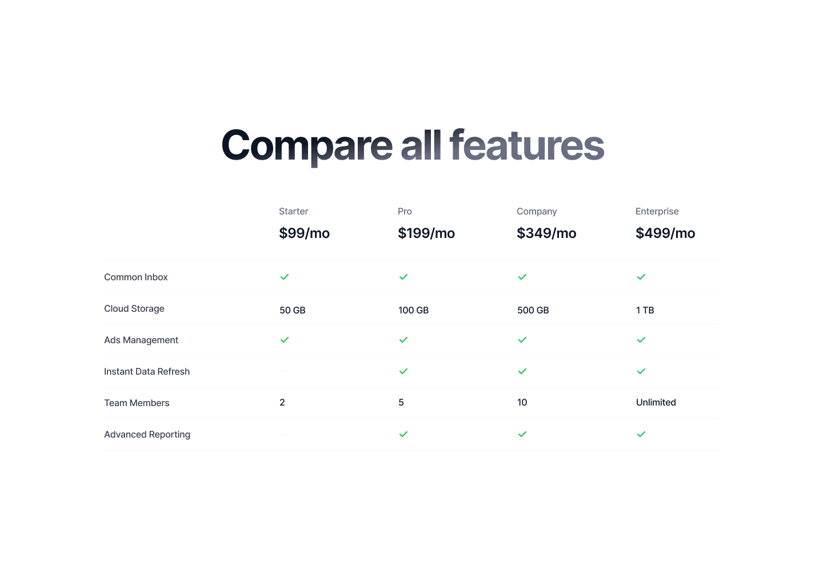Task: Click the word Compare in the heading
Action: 307,145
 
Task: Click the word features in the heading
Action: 527,145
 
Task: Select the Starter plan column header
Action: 293,211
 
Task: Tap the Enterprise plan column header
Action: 657,211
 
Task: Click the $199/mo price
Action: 426,233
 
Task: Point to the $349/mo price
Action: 546,233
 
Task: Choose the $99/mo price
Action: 304,233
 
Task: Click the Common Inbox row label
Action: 135,277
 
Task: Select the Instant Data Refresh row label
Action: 147,371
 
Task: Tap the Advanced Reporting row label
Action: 147,434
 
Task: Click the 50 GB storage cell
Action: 292,310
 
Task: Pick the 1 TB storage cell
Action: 645,310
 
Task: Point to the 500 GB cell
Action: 533,310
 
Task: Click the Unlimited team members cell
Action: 656,402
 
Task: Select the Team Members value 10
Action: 522,402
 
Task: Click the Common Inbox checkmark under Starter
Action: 285,277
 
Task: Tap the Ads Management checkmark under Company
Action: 522,340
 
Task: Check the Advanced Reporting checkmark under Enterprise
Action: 641,434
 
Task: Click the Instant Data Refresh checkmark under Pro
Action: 403,371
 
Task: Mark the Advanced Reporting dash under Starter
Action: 284,434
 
